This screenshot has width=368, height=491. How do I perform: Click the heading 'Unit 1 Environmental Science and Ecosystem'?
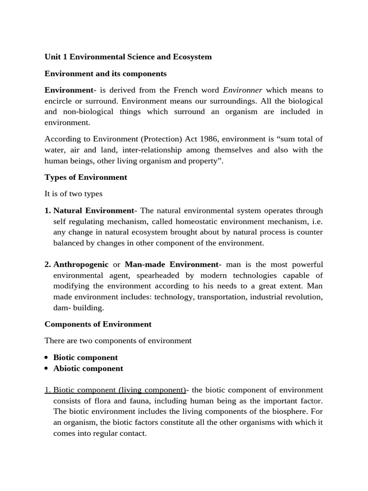128,57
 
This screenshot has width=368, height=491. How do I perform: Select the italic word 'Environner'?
242,90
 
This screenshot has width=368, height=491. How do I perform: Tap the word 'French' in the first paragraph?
191,90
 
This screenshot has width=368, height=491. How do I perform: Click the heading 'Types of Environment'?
86,177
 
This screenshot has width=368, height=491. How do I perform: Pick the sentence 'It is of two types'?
73,194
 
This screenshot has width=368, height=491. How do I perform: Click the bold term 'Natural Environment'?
93,210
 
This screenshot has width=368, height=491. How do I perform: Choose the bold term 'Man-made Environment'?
171,265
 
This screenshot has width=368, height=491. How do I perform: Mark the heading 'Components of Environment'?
98,324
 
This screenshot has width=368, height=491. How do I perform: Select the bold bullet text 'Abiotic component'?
88,369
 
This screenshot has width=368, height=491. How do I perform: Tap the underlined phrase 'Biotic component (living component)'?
119,390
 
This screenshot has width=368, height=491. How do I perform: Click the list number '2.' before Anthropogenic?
48,265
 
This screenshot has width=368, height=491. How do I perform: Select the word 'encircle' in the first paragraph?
59,101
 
